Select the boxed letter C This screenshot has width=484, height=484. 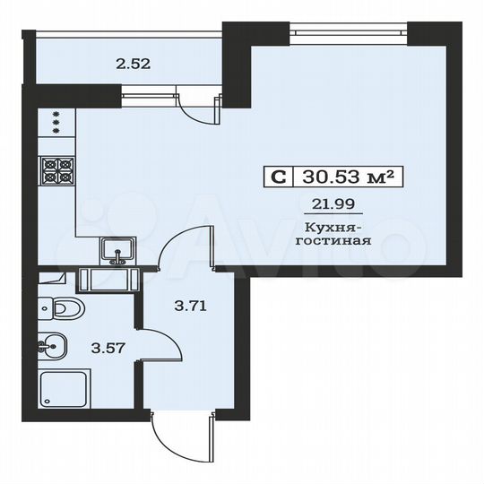(x=278, y=177)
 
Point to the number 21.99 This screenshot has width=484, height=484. (x=331, y=204)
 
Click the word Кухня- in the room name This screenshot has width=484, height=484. (x=332, y=229)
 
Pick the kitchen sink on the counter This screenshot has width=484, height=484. (x=117, y=252)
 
